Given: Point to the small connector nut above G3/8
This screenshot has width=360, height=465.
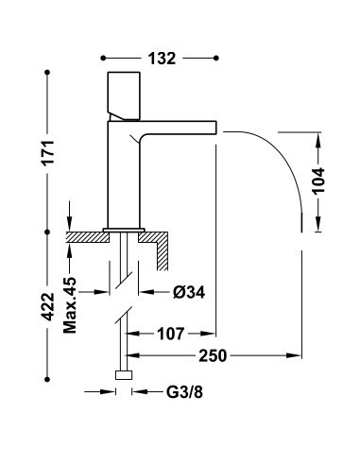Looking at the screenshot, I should pos(122,375).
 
